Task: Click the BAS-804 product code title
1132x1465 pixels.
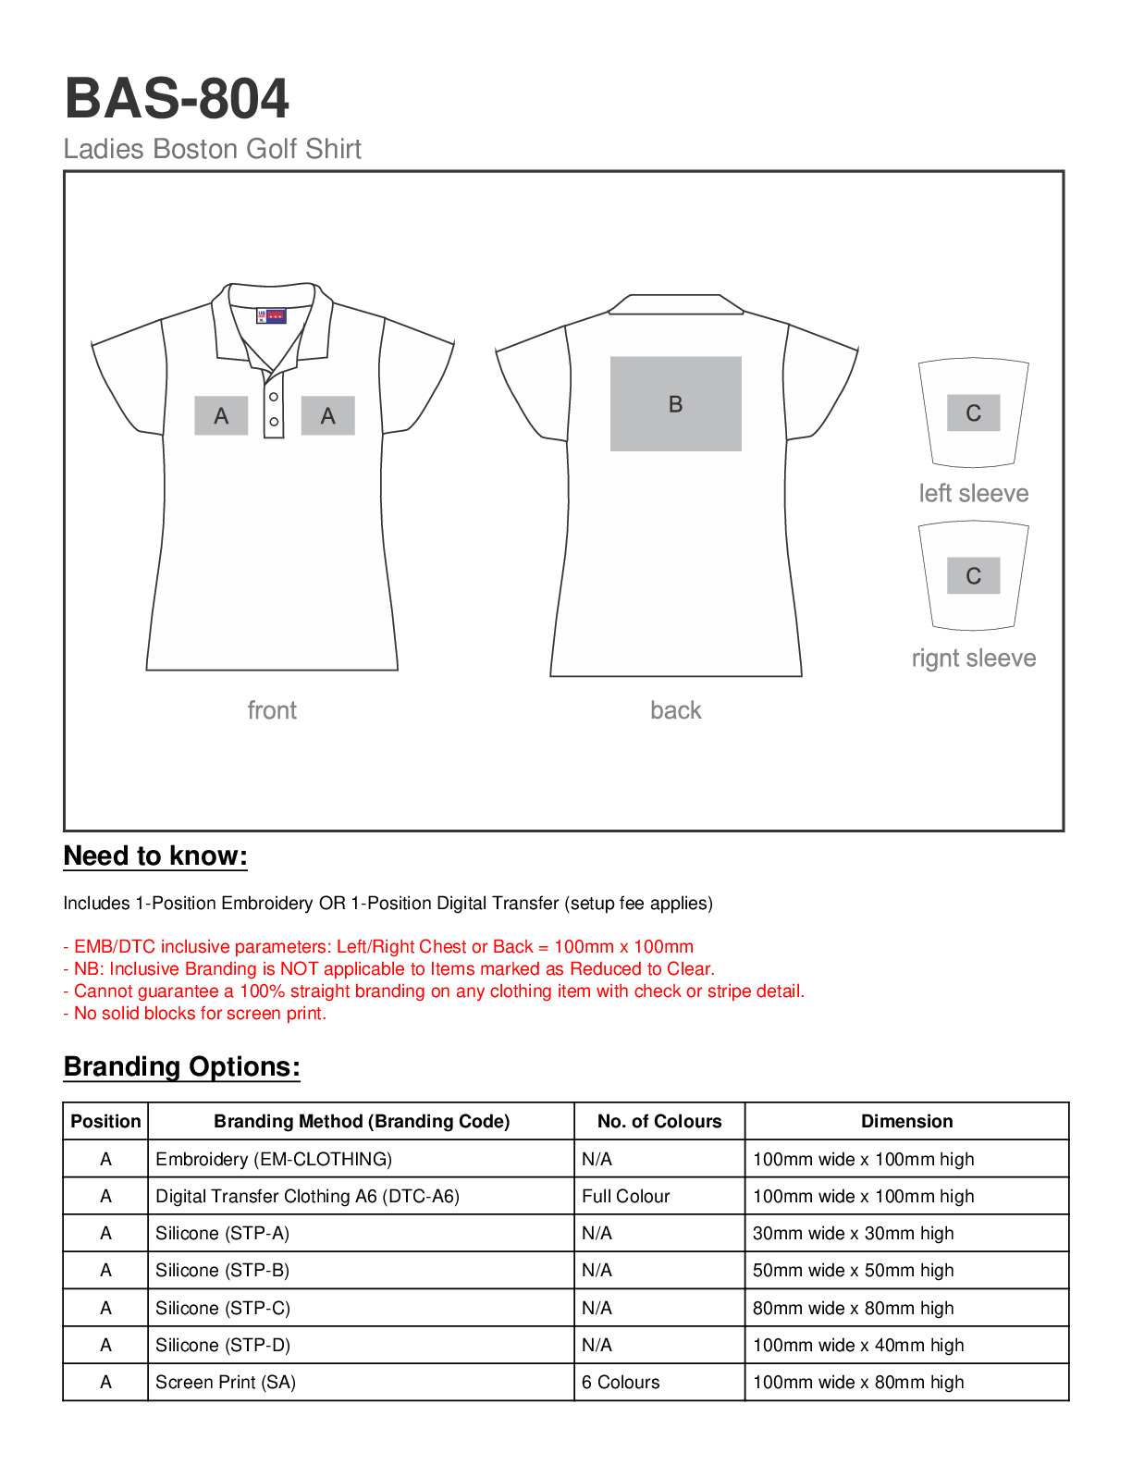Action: click(x=177, y=99)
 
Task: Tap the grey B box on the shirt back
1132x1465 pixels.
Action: click(x=675, y=404)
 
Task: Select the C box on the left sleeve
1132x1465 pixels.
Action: click(x=973, y=412)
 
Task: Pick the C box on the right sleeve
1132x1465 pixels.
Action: click(x=973, y=575)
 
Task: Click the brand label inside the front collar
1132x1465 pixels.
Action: click(x=271, y=315)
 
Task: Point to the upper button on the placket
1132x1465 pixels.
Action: click(x=274, y=397)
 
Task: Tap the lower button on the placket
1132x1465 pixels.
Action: click(x=274, y=422)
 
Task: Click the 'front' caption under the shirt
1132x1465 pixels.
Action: click(x=272, y=710)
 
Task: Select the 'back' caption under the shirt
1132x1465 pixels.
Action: click(x=675, y=710)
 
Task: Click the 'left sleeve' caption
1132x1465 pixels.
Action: click(x=973, y=493)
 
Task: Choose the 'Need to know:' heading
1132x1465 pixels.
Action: click(x=155, y=856)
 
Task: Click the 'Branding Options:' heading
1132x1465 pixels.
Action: click(x=181, y=1067)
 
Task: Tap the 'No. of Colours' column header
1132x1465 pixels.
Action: click(x=658, y=1121)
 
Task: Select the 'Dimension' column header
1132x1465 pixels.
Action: click(x=906, y=1121)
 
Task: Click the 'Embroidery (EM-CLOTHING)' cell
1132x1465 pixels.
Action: click(x=274, y=1159)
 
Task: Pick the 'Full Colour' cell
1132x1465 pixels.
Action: click(x=625, y=1196)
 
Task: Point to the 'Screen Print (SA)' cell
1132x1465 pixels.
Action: click(x=226, y=1382)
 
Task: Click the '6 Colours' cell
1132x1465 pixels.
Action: click(x=621, y=1382)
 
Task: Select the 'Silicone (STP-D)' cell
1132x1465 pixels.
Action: click(x=223, y=1345)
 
